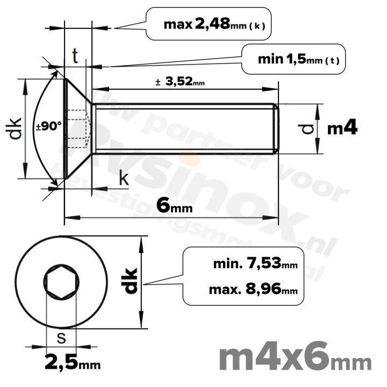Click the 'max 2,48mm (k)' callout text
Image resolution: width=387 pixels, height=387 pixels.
click(214, 24)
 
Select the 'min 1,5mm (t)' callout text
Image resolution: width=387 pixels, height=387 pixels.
click(293, 60)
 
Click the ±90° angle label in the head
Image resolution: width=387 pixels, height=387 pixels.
click(49, 127)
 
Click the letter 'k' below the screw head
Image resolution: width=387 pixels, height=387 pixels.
click(123, 179)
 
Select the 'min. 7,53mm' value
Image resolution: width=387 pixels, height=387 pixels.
click(255, 264)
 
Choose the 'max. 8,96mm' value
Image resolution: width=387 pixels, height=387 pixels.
click(253, 290)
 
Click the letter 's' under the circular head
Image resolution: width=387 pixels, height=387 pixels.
click(61, 338)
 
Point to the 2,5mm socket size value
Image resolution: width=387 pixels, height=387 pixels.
click(72, 363)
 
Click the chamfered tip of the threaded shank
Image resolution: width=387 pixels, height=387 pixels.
click(276, 128)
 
